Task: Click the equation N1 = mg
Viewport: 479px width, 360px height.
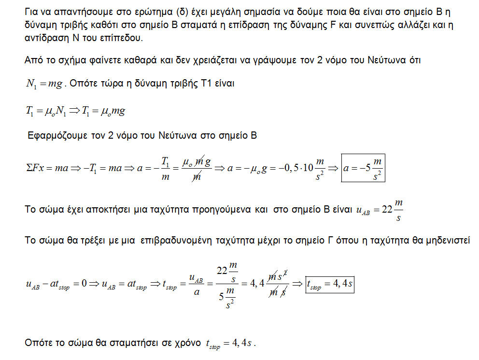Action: point(45,84)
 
